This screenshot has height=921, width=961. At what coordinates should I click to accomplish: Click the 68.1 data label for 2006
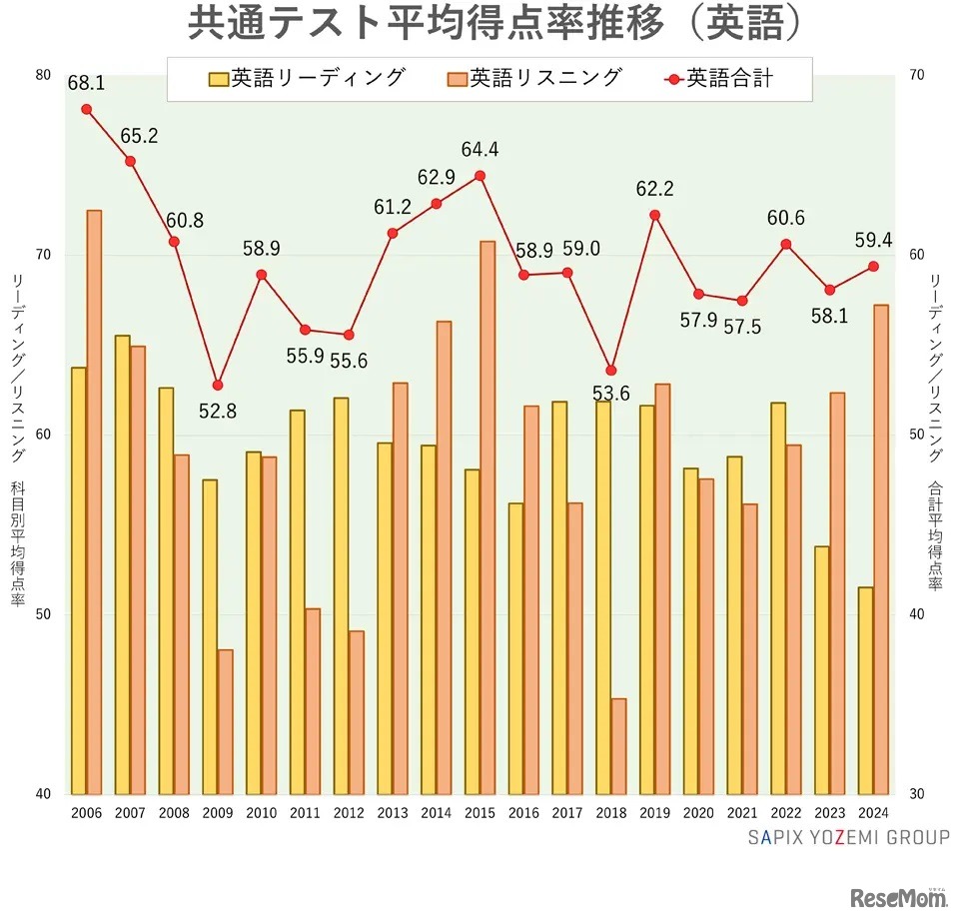86,84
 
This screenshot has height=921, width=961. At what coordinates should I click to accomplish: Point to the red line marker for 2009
218,385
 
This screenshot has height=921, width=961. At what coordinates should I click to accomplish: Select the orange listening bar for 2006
94,499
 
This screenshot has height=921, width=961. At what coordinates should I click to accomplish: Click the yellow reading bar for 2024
866,689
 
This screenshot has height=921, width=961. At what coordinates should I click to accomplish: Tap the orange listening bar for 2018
619,745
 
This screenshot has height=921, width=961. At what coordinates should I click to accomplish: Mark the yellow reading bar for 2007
123,564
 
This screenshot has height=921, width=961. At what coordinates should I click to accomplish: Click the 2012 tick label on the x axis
349,813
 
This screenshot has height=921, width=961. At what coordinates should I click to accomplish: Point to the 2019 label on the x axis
655,813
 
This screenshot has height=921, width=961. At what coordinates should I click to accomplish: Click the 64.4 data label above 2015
480,150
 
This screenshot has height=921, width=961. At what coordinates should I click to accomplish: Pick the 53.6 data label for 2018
610,394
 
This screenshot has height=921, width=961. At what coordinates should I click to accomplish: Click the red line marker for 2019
655,215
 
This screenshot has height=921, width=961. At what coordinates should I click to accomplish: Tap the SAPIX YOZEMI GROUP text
849,837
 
